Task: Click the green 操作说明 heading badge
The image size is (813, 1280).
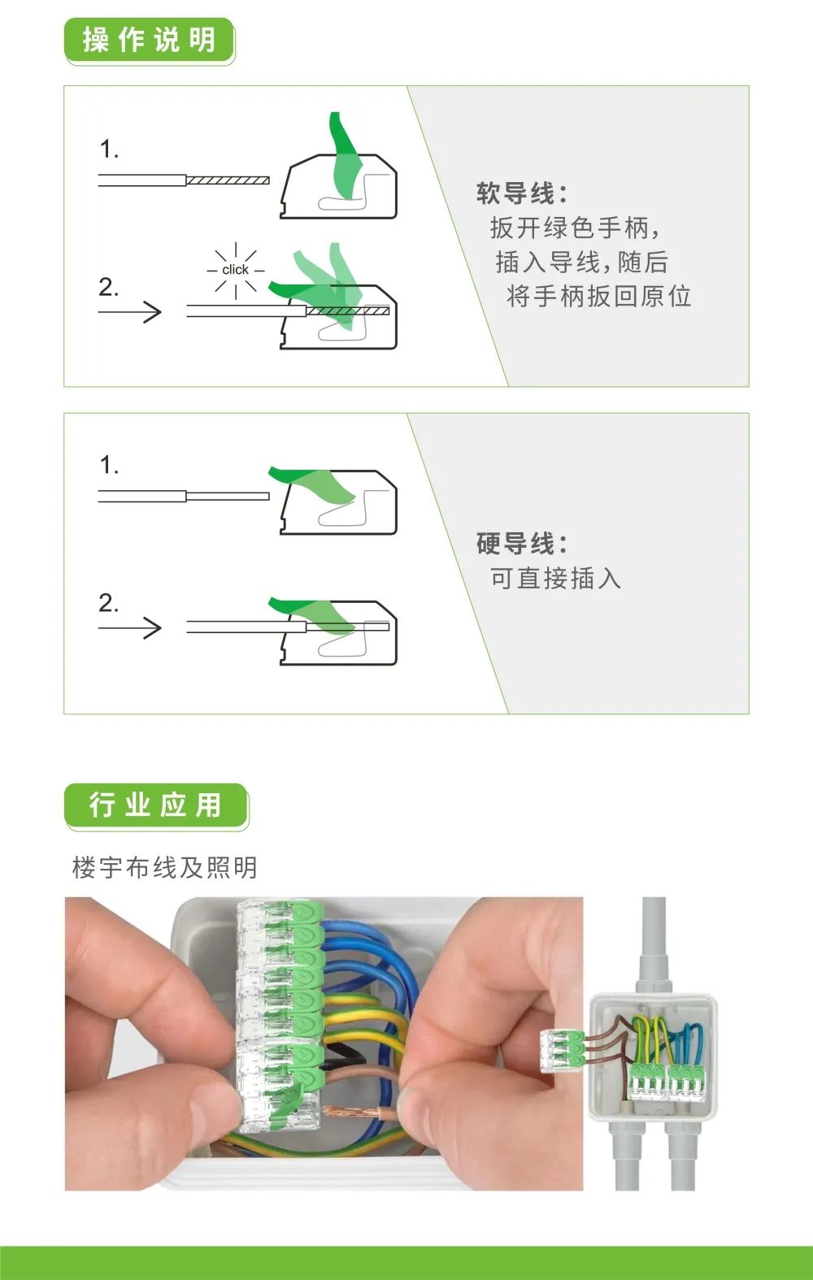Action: click(x=150, y=40)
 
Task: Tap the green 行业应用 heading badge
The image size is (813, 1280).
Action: click(x=156, y=805)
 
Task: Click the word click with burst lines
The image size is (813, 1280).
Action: click(x=235, y=270)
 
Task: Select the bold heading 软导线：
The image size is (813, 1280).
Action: click(x=521, y=193)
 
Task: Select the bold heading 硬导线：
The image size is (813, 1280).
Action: click(x=521, y=544)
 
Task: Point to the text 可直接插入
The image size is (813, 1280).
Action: click(x=555, y=579)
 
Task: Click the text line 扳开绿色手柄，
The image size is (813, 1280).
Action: click(x=576, y=228)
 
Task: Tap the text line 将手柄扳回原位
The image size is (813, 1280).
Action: click(x=598, y=297)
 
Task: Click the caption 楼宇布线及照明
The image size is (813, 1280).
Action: click(x=165, y=867)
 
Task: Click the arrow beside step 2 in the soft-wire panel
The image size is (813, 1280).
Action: click(x=130, y=312)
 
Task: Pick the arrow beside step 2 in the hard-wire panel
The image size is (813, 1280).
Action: click(x=130, y=628)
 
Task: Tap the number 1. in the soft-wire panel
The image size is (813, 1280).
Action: click(x=109, y=150)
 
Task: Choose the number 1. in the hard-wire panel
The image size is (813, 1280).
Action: click(x=109, y=465)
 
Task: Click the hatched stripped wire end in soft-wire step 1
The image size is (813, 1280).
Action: click(x=228, y=180)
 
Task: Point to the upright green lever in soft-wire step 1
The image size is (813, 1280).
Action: click(x=346, y=155)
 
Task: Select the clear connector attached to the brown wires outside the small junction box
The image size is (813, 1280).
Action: click(x=563, y=1050)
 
